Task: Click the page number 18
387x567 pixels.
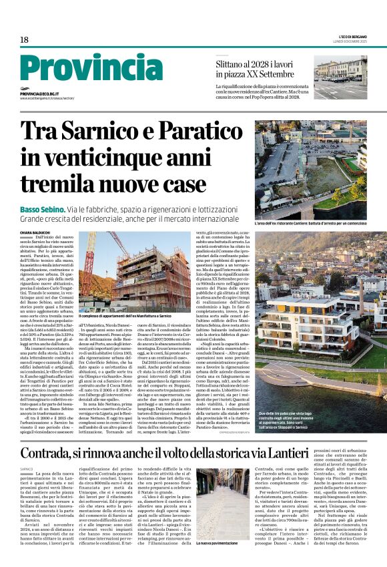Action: point(24,40)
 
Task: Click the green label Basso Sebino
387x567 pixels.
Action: point(43,209)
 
